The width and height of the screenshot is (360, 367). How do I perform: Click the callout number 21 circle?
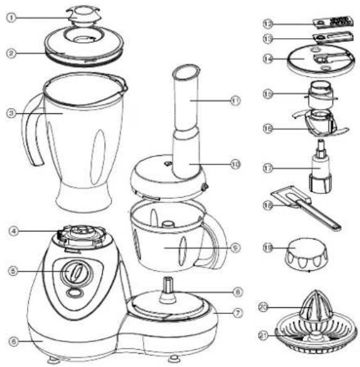click(x=266, y=335)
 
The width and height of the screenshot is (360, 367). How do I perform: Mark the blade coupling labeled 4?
click(x=78, y=235)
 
